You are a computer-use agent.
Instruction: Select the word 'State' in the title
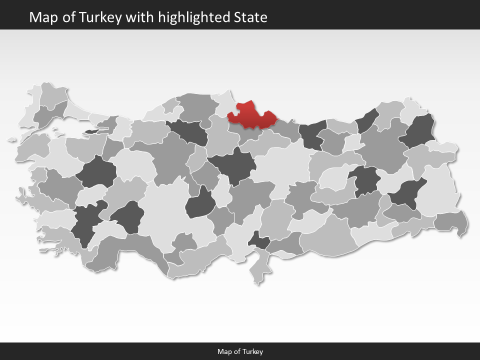(250, 17)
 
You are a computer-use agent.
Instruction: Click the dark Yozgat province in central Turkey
(232, 165)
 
